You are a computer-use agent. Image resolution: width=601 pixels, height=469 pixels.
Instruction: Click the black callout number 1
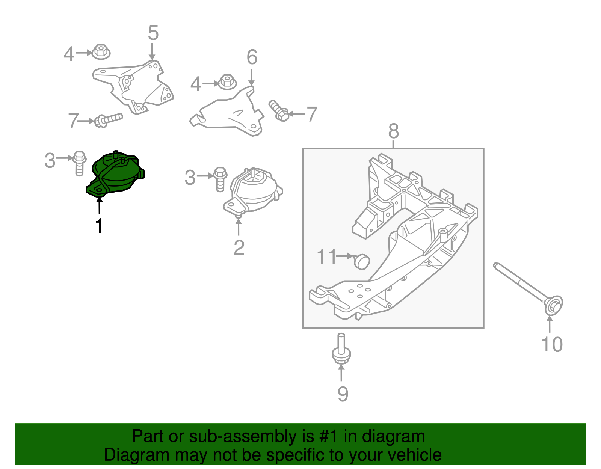(99, 226)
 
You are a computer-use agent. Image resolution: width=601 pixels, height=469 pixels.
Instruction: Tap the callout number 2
(239, 248)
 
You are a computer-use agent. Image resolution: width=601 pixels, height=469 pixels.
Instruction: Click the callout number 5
(153, 33)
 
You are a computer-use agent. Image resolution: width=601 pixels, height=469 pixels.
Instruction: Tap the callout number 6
(252, 57)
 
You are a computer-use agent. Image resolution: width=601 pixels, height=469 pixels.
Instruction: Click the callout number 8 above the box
(393, 131)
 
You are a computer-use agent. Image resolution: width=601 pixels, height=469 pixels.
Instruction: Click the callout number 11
(327, 257)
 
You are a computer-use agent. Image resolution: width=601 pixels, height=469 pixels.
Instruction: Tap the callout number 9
(343, 394)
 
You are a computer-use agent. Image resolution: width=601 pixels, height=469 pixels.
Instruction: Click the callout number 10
(552, 344)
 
